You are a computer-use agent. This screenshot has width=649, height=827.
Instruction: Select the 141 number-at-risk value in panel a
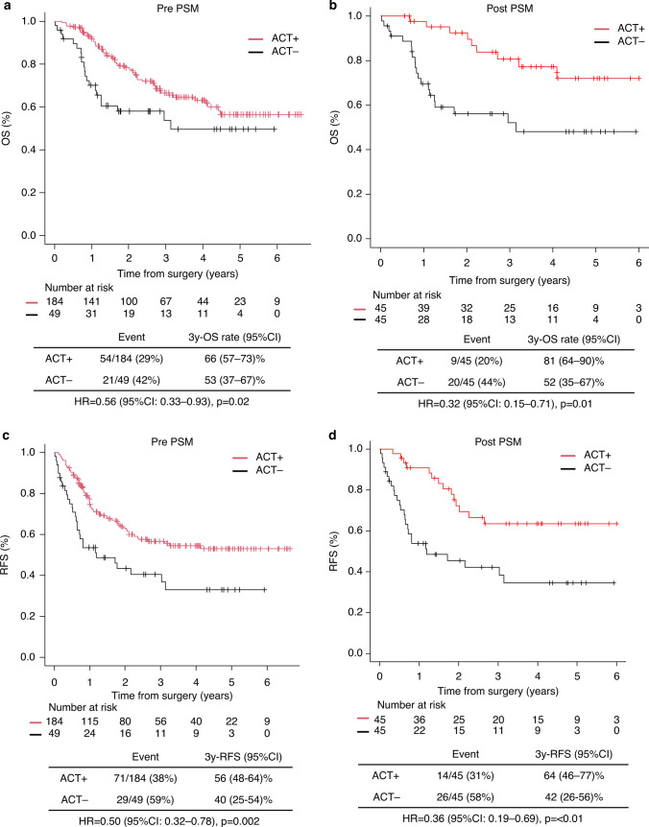(x=91, y=295)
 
